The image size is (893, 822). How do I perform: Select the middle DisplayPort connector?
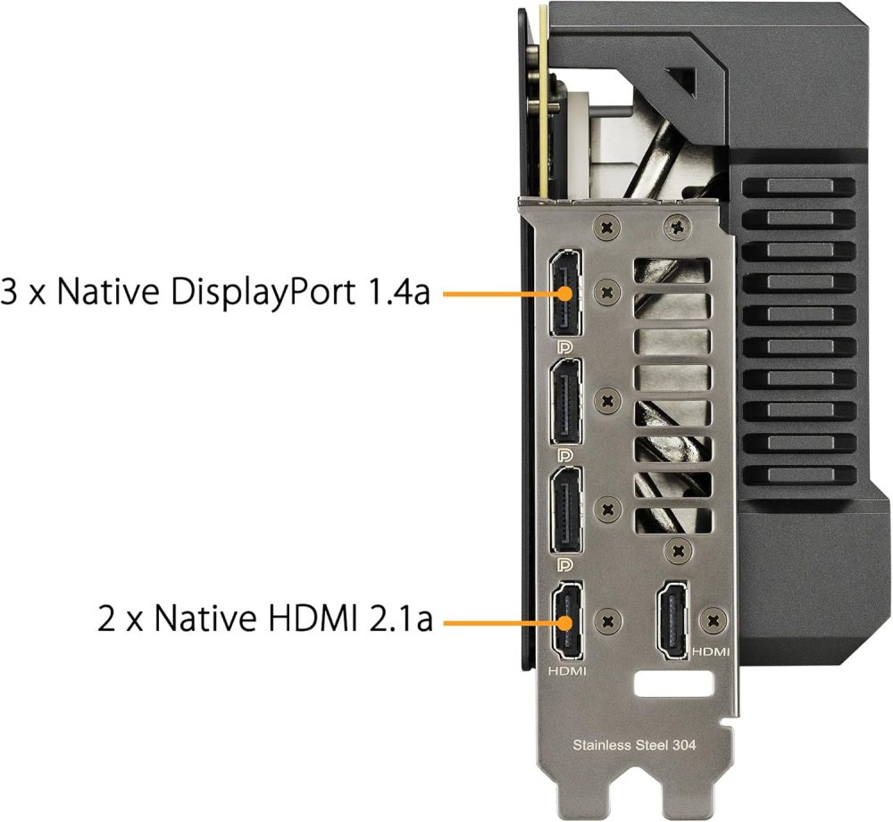coord(565,401)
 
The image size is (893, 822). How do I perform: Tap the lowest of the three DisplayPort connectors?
coord(565,508)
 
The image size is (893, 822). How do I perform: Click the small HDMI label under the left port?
coord(566,668)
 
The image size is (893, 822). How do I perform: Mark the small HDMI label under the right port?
coord(711,652)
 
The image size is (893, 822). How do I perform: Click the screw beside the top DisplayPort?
coord(608,289)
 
